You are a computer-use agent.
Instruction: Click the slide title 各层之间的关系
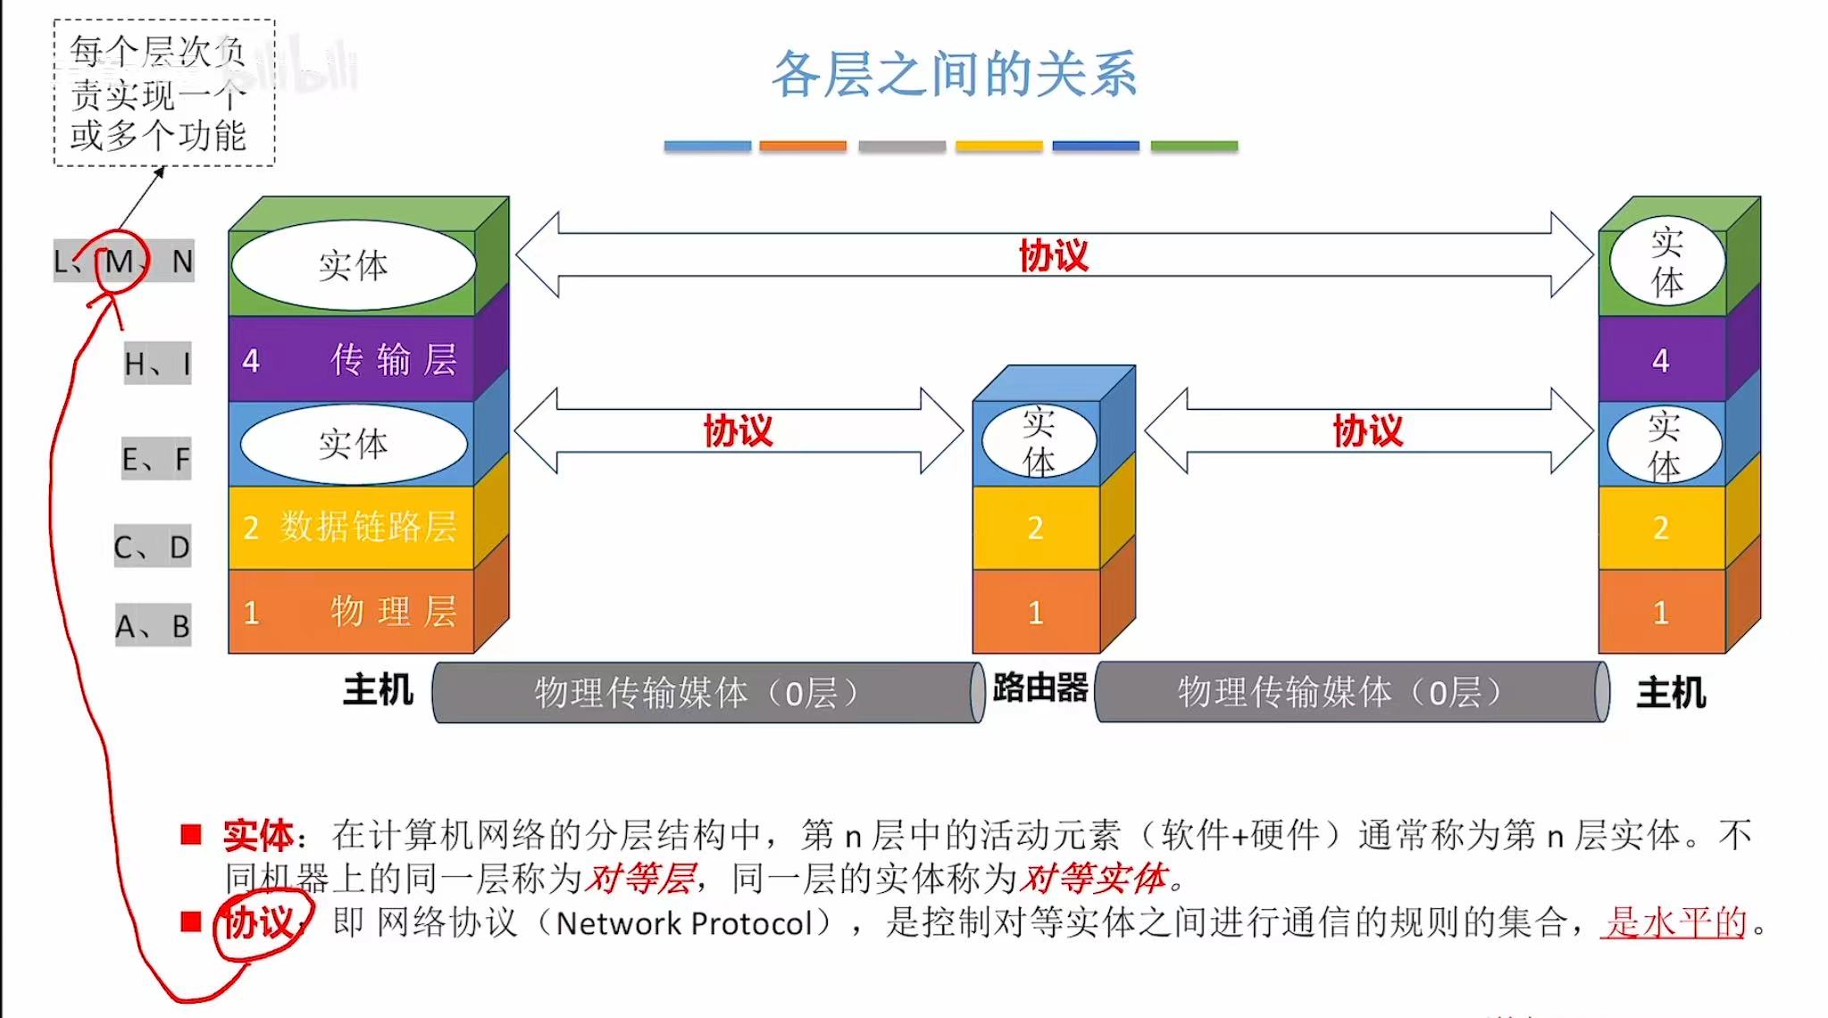[x=954, y=73]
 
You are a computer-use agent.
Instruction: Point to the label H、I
[x=157, y=363]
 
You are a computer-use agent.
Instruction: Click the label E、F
[x=155, y=459]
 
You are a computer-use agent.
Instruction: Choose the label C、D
[x=152, y=547]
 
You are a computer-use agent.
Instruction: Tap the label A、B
[x=152, y=626]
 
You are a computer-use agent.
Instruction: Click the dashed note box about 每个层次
[x=163, y=93]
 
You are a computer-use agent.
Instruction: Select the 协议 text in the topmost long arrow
[x=1054, y=255]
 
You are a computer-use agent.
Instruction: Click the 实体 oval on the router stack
[x=1039, y=441]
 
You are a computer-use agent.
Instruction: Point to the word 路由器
[x=1040, y=688]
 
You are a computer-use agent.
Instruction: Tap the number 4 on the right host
[x=1660, y=360]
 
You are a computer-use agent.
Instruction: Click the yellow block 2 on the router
[x=1036, y=528]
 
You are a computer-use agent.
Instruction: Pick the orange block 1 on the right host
[x=1661, y=613]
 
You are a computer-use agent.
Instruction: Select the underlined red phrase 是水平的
[x=1675, y=922]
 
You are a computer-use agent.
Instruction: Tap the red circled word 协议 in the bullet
[x=258, y=922]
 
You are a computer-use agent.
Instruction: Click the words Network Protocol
[x=684, y=923]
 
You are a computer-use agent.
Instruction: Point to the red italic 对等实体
[x=1093, y=879]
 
